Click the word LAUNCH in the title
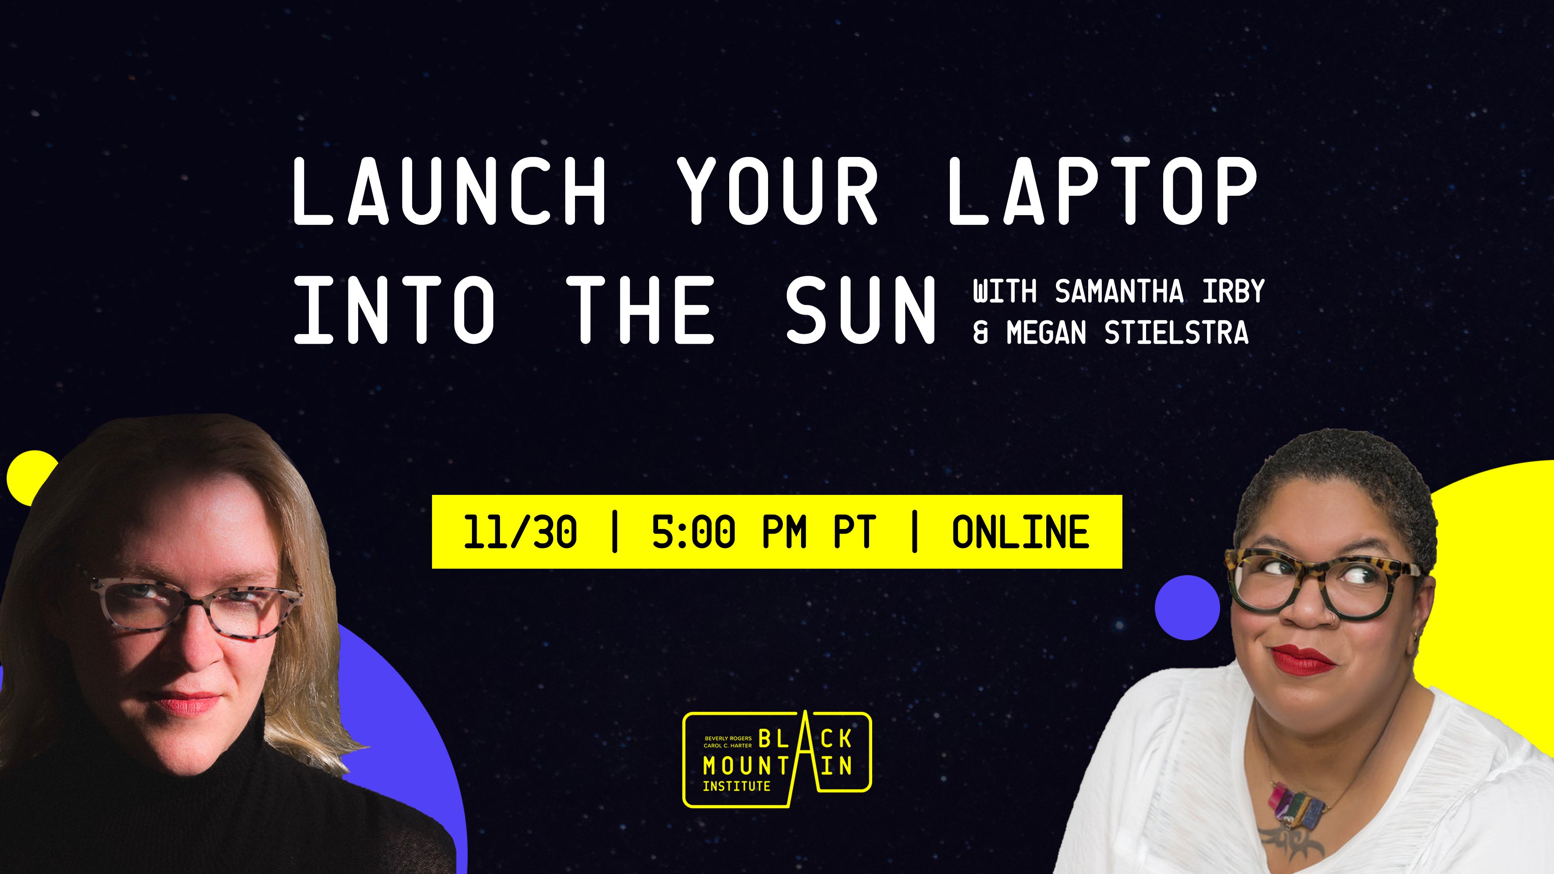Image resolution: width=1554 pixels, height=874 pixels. click(x=449, y=191)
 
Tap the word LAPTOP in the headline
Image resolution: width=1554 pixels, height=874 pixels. click(x=1103, y=191)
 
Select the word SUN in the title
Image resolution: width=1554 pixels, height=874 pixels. click(x=860, y=310)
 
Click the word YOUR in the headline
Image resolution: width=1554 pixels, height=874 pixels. click(x=777, y=191)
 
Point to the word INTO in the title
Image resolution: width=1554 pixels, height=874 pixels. click(x=394, y=310)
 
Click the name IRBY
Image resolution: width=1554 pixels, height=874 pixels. click(x=1233, y=291)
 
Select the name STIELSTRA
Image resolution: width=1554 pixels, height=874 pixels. click(x=1176, y=333)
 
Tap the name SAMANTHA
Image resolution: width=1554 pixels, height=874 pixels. click(x=1119, y=291)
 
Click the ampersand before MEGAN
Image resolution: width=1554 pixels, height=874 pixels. click(x=981, y=333)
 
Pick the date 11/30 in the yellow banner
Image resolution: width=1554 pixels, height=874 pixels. click(x=520, y=532)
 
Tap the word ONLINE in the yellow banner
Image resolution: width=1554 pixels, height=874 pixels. click(x=1021, y=532)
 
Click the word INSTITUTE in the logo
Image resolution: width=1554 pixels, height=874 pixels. click(x=737, y=786)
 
